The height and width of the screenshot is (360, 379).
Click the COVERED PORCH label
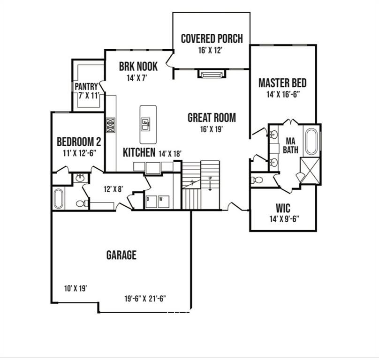coord(212,38)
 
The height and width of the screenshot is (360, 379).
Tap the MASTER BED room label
coord(282,83)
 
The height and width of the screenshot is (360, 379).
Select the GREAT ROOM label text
coord(212,118)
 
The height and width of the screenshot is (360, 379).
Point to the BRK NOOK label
coord(138,67)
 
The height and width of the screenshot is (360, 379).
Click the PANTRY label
coord(86,87)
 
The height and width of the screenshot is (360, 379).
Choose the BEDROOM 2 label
coord(79,141)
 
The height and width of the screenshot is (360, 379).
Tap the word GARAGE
coord(121,255)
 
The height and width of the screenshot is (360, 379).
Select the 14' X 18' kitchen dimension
coord(170,153)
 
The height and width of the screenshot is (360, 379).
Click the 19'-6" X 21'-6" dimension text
coord(145,298)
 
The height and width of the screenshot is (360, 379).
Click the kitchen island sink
coord(146,124)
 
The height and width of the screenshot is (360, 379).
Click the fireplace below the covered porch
coord(212,74)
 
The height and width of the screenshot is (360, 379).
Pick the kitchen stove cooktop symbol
coord(110,125)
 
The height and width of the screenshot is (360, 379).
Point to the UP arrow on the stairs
coord(210,184)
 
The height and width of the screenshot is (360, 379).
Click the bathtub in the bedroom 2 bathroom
coord(59,198)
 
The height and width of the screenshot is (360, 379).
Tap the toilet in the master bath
coord(258,180)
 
